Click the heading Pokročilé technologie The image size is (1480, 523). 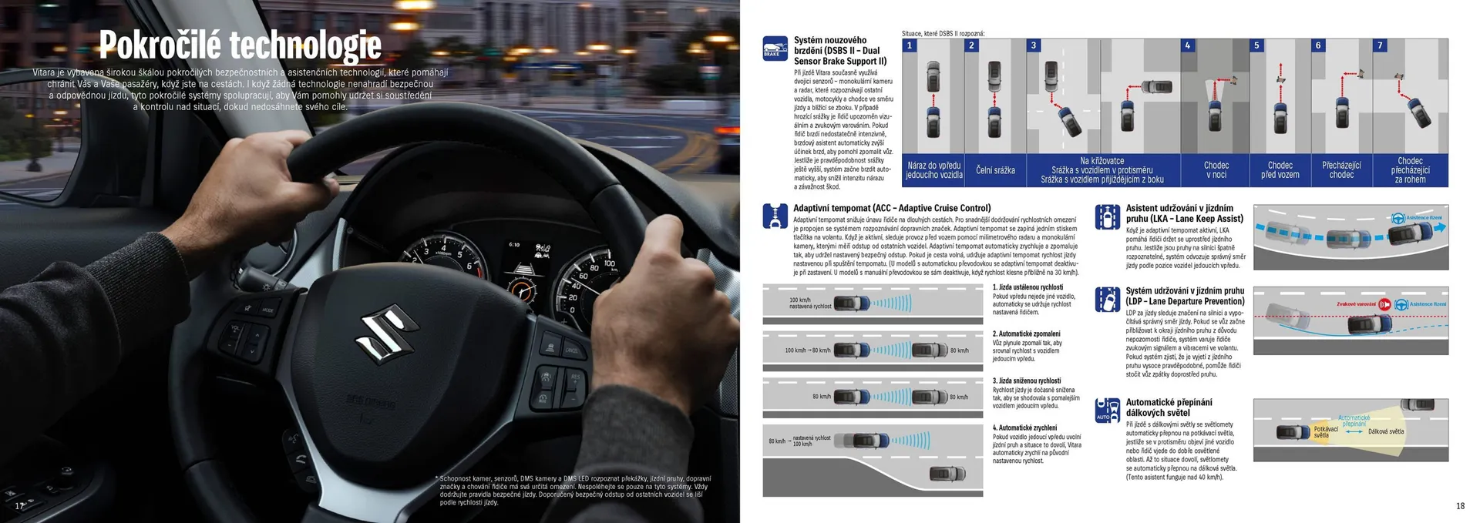tap(240, 45)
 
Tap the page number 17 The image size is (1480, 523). tap(20, 505)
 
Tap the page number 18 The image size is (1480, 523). tap(1460, 506)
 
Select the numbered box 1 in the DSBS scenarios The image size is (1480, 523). tap(910, 45)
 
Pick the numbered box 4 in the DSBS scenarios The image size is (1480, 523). tap(1187, 45)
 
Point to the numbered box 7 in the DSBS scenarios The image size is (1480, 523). tap(1380, 45)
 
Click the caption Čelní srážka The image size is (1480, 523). tap(995, 170)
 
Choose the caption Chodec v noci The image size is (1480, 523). tap(1216, 170)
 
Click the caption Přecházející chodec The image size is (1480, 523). tap(1341, 170)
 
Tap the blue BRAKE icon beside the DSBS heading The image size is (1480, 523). tap(775, 48)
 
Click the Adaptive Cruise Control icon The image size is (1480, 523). tap(775, 216)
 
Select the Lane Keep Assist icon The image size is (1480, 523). tap(1108, 217)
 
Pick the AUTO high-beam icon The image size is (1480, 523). tap(1108, 410)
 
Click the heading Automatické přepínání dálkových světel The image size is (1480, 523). tap(1169, 407)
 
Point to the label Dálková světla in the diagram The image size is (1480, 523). tap(1386, 431)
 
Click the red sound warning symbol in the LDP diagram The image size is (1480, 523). tap(1384, 304)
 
